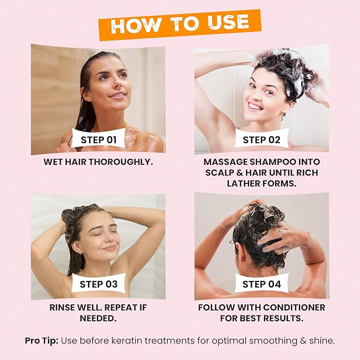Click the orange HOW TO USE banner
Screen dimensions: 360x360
tap(180, 24)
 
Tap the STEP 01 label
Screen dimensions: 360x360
tap(98, 140)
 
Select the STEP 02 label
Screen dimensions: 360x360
tap(261, 140)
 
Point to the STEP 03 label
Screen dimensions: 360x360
tap(99, 284)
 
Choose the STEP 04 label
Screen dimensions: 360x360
tap(262, 284)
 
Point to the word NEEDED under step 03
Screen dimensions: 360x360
tap(98, 319)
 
